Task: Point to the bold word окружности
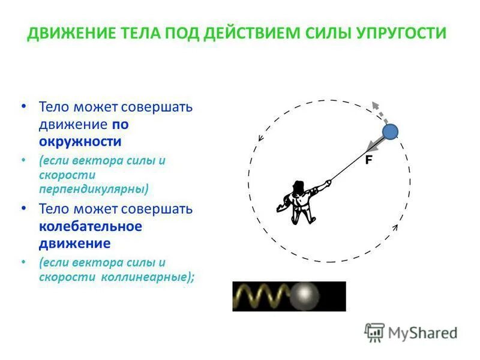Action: tap(80, 142)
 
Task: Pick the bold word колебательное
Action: tap(90, 226)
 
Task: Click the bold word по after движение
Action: tap(120, 125)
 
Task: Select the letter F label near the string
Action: tap(368, 160)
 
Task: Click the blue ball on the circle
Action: tap(391, 131)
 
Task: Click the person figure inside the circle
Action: tap(298, 201)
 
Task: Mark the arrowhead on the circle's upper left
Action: tap(261, 137)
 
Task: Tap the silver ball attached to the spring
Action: tap(308, 296)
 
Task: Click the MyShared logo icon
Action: tap(375, 332)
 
